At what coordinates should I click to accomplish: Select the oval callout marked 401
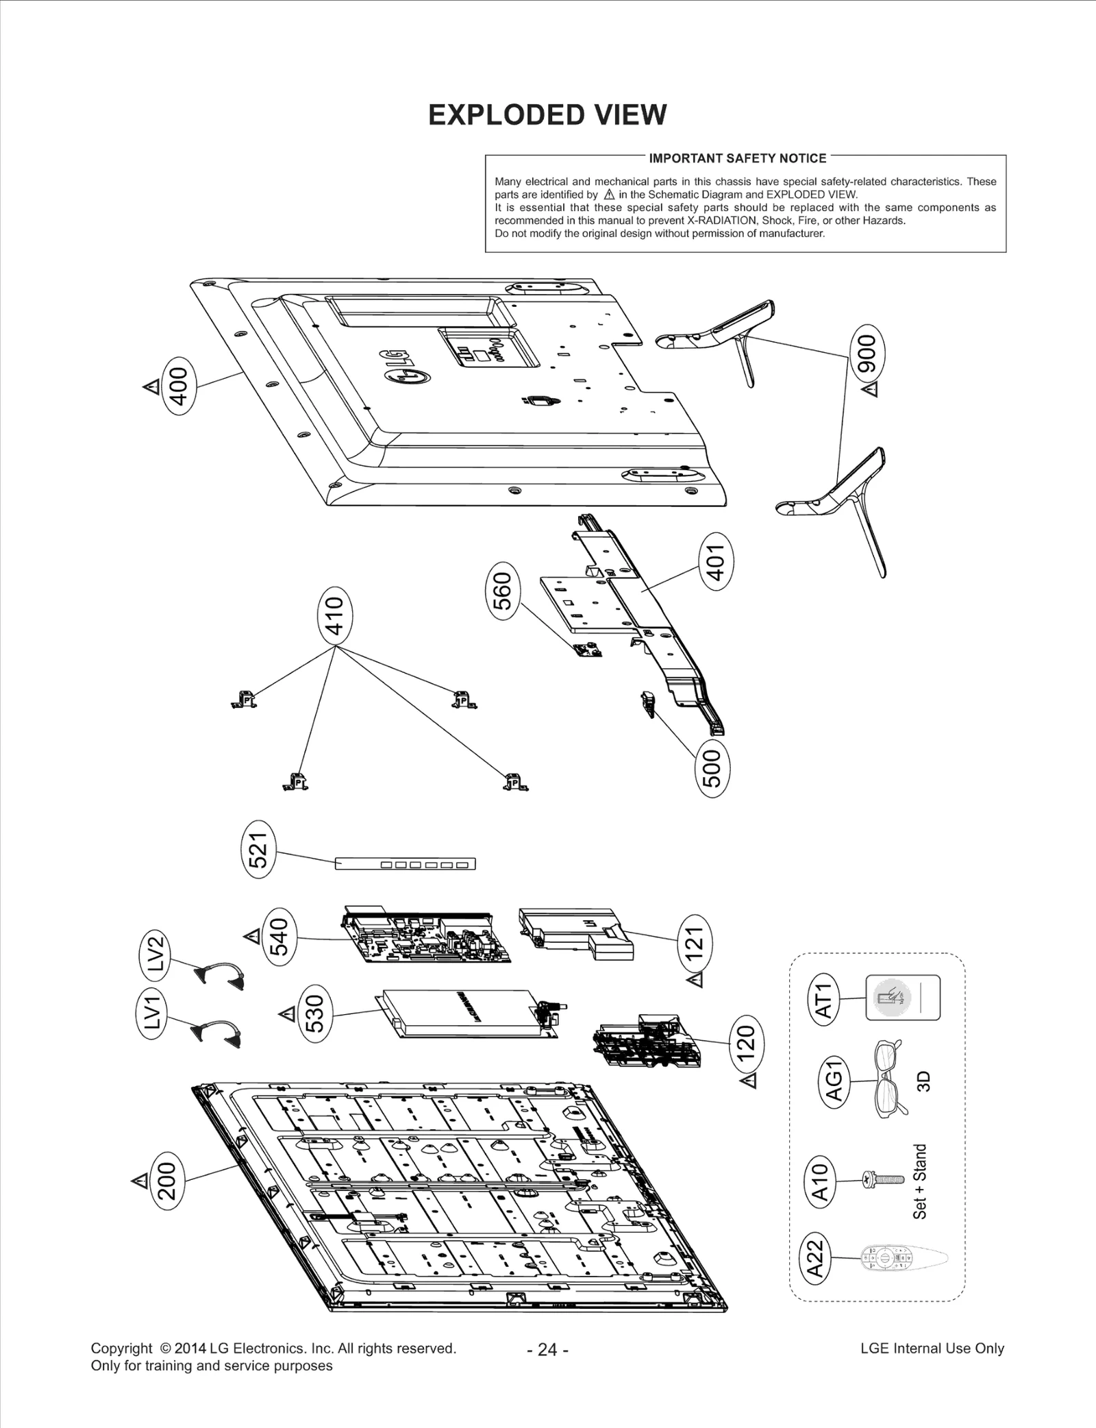click(716, 563)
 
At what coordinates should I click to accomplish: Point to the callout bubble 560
click(503, 591)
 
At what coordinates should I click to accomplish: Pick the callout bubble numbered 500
click(712, 768)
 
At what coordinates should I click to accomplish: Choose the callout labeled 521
click(258, 850)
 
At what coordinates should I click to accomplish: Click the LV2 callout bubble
click(155, 953)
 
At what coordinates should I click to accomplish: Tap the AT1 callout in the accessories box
click(825, 1000)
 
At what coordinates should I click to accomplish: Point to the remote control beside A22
click(903, 1258)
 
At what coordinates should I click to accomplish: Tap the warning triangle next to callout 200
click(140, 1181)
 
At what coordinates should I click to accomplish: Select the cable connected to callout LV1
click(219, 1033)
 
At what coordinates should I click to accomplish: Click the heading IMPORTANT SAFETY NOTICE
click(737, 158)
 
